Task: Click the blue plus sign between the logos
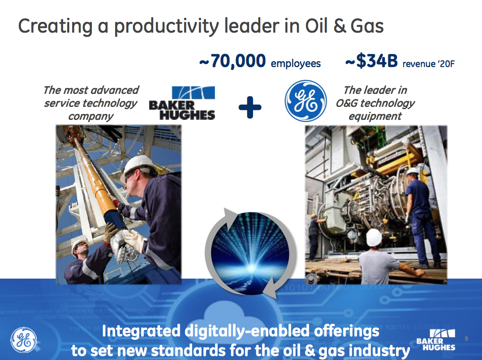point(250,107)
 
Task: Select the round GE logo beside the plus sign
point(306,101)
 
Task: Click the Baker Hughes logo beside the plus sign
point(182,103)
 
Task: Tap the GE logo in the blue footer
point(24,340)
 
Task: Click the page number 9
point(466,339)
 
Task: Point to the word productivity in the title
point(166,27)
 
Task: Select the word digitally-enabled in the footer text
point(247,331)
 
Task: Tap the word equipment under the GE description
point(375,116)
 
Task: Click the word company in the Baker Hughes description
point(90,117)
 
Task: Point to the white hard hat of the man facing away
point(374,237)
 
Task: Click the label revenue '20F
point(429,64)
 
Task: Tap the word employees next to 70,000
point(296,64)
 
